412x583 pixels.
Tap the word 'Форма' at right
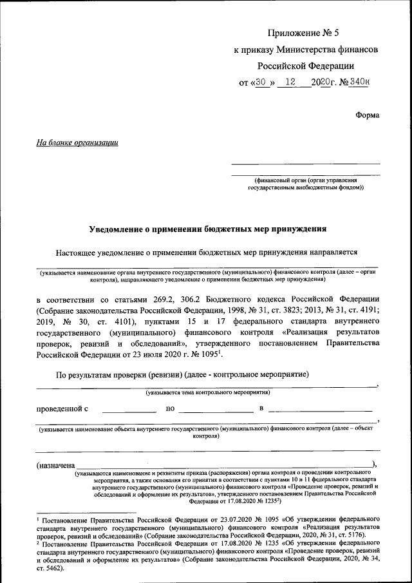coord(367,115)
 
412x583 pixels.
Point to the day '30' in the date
coord(260,82)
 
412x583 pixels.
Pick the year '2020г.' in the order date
coord(320,82)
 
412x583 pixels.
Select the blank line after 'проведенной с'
coord(129,410)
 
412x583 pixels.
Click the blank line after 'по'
coord(216,410)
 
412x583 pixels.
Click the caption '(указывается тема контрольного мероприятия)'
coord(207,392)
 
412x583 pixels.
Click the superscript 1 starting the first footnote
coord(38,517)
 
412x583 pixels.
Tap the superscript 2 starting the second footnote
coord(38,543)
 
